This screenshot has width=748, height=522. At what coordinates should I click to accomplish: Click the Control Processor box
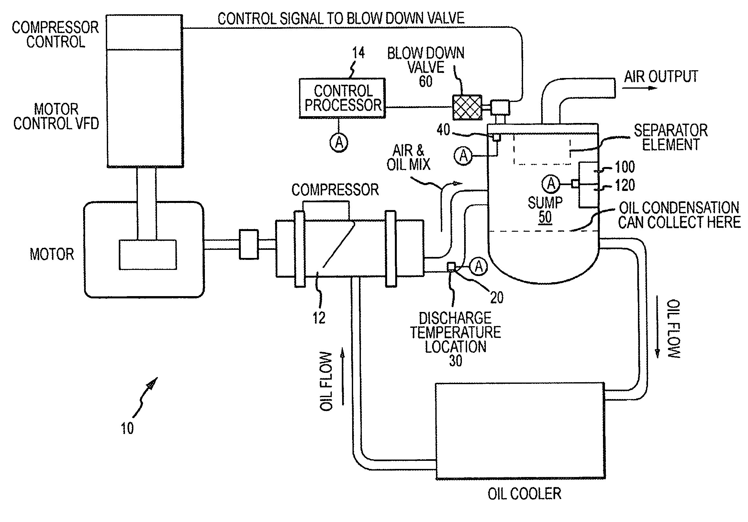(x=342, y=98)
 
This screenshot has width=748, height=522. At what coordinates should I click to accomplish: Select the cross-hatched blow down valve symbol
(x=467, y=107)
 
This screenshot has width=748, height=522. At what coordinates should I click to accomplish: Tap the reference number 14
(x=358, y=53)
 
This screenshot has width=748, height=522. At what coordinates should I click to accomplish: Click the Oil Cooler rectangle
(x=520, y=430)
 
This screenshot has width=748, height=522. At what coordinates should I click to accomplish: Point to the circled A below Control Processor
(x=339, y=143)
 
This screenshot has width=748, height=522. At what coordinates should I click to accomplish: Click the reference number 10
(x=127, y=428)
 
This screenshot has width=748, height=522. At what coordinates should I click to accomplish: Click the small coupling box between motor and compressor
(x=249, y=244)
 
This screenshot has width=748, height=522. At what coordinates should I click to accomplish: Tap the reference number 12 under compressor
(x=319, y=318)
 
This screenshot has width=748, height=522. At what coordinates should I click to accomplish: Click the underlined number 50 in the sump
(x=545, y=217)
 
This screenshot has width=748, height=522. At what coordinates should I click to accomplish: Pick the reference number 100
(x=625, y=167)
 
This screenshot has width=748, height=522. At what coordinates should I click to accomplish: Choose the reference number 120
(x=625, y=185)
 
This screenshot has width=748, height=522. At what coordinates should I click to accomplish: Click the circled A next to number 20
(x=479, y=267)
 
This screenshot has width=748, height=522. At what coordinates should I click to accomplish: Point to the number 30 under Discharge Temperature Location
(x=455, y=361)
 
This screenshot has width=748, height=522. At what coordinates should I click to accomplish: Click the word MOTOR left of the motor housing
(x=52, y=254)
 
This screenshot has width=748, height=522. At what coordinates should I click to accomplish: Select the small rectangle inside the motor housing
(x=148, y=255)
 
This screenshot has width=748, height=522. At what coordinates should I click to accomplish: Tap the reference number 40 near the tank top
(x=443, y=130)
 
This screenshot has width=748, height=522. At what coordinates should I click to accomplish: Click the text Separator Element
(x=670, y=138)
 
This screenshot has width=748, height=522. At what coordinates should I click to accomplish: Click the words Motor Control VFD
(x=56, y=117)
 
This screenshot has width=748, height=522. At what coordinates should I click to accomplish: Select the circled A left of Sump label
(x=551, y=184)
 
